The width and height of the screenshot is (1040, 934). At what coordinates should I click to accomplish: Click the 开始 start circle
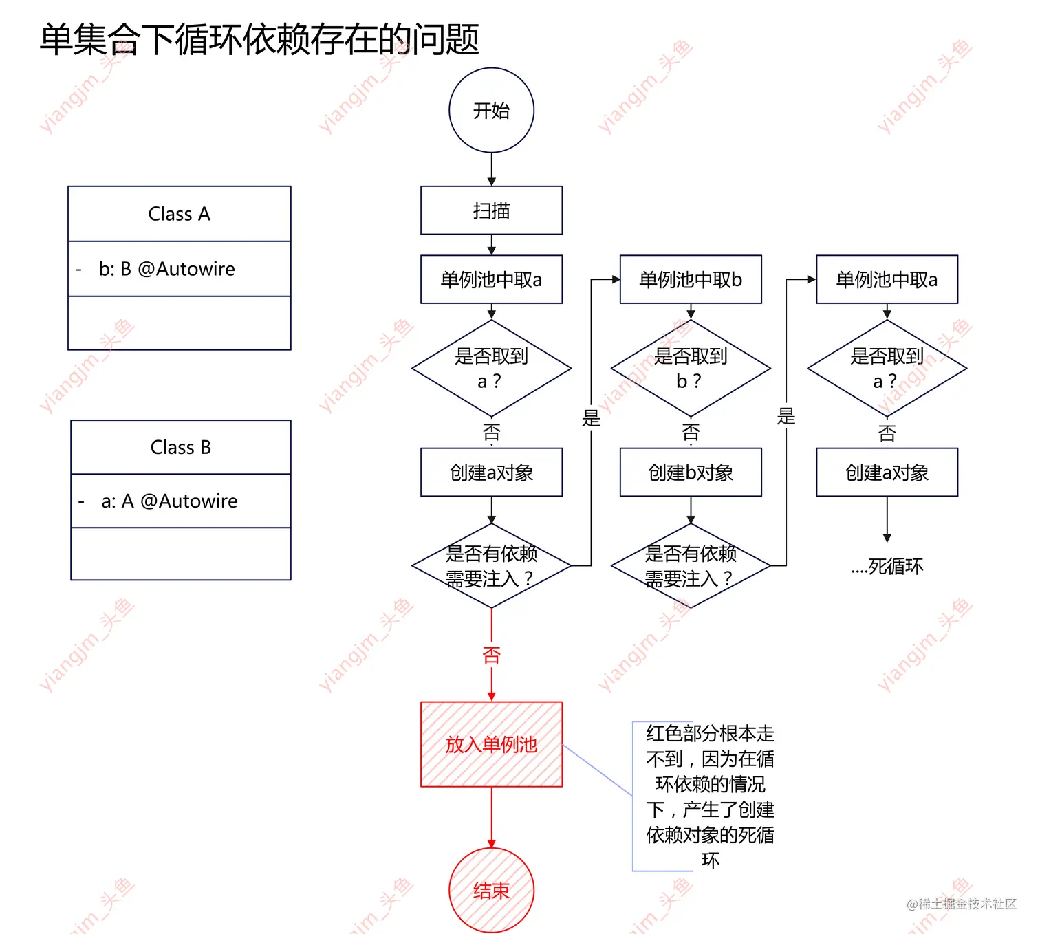pyautogui.click(x=491, y=110)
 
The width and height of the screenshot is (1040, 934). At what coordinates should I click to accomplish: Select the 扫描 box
pyautogui.click(x=491, y=210)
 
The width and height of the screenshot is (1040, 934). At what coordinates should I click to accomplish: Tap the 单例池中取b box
pyautogui.click(x=691, y=279)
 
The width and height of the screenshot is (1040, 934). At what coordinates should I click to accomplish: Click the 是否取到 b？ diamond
pyautogui.click(x=691, y=369)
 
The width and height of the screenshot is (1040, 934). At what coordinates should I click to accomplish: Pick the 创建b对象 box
pyautogui.click(x=691, y=473)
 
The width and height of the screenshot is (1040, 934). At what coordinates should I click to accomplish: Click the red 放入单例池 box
pyautogui.click(x=491, y=744)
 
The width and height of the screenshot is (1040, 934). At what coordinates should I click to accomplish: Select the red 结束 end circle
pyautogui.click(x=491, y=891)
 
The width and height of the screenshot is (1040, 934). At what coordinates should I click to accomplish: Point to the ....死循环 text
pyautogui.click(x=887, y=566)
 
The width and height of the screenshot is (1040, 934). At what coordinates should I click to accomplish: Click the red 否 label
pyautogui.click(x=491, y=655)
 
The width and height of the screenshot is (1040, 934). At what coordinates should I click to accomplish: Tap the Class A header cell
pyautogui.click(x=179, y=214)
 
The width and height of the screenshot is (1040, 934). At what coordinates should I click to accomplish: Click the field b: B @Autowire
pyautogui.click(x=166, y=269)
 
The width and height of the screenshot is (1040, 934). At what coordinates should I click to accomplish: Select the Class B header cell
pyautogui.click(x=180, y=447)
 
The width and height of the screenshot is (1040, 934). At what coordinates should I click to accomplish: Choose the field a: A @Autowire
pyautogui.click(x=169, y=501)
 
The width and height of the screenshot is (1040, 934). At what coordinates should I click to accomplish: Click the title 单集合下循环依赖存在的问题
pyautogui.click(x=259, y=39)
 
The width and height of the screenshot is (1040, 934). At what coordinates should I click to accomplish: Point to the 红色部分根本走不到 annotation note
pyautogui.click(x=710, y=796)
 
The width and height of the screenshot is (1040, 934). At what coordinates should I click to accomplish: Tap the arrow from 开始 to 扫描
pyautogui.click(x=491, y=169)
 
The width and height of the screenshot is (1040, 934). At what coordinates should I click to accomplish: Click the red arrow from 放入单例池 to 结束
pyautogui.click(x=491, y=817)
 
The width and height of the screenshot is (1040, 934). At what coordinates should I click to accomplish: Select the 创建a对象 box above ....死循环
pyautogui.click(x=887, y=473)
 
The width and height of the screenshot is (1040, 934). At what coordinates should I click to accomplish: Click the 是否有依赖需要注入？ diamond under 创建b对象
pyautogui.click(x=691, y=566)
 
